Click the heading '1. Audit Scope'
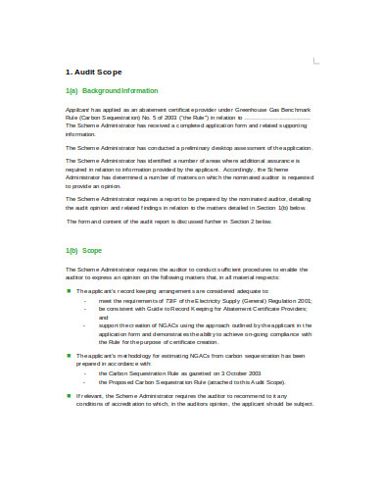[93, 73]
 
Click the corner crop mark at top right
[314, 61]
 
